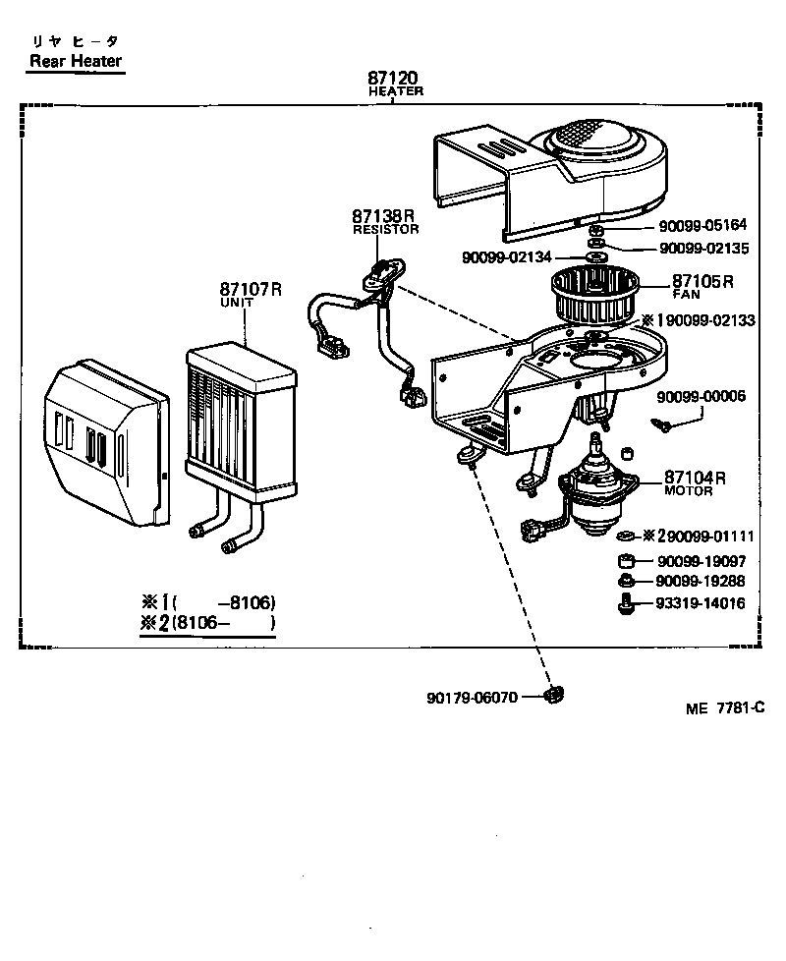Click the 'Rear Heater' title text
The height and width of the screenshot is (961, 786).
[75, 61]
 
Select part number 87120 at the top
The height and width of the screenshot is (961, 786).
[394, 78]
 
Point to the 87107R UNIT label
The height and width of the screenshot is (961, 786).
[250, 294]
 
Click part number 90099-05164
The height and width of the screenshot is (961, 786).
[703, 225]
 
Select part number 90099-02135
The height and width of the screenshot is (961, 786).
[703, 249]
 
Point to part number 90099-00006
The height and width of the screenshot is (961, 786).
[702, 396]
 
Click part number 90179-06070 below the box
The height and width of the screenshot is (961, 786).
[473, 698]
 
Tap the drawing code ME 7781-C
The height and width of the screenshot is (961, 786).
[724, 708]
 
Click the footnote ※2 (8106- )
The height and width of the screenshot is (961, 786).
[207, 623]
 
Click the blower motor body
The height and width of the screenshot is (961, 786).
[597, 496]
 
